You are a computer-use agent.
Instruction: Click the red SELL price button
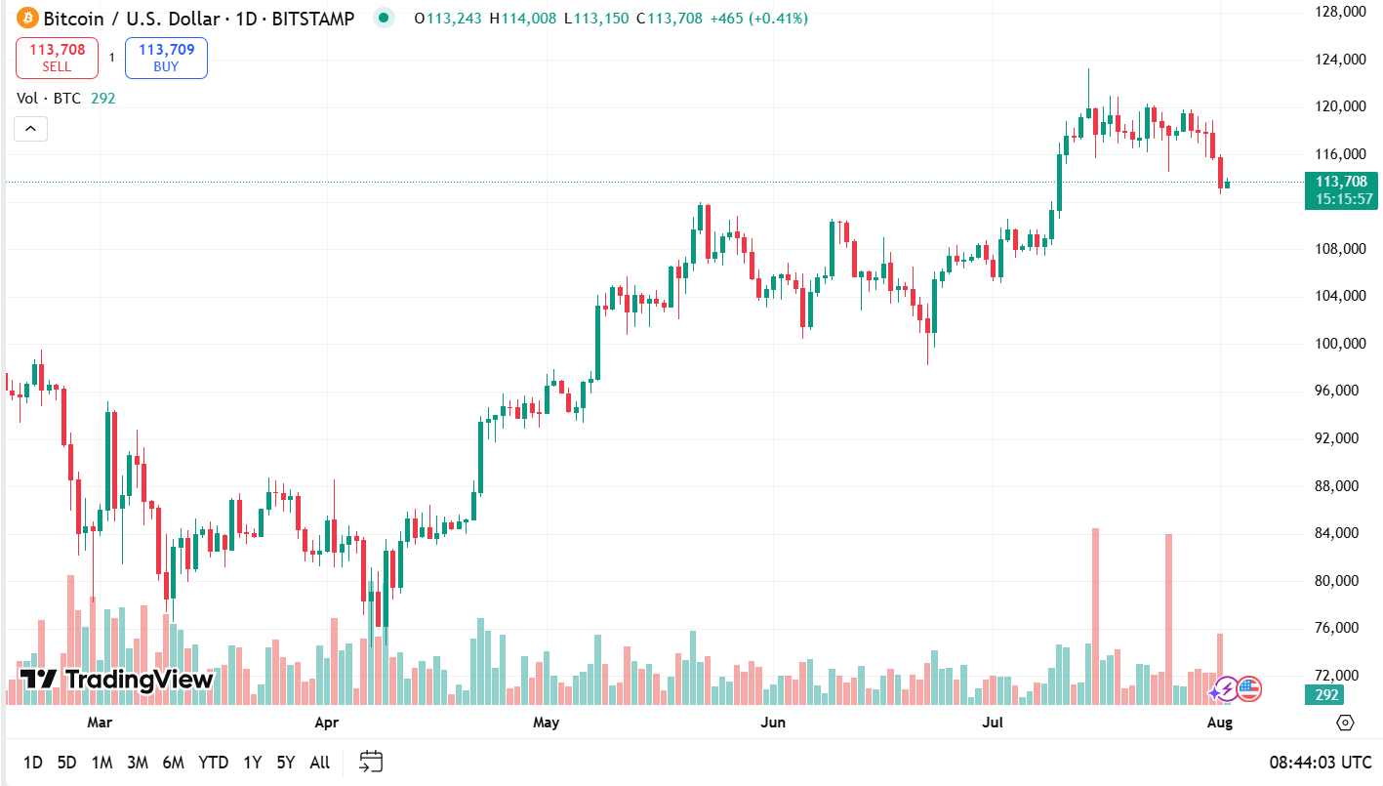click(57, 58)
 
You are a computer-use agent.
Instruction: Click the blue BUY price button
click(166, 58)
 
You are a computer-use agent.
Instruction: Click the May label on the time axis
click(547, 723)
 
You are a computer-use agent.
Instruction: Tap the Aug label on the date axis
click(1220, 723)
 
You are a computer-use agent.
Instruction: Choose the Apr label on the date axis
click(327, 723)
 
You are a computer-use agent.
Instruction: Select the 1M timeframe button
click(102, 763)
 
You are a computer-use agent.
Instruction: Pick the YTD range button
click(214, 763)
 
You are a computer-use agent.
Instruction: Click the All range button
click(319, 763)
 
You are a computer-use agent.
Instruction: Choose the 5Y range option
click(286, 763)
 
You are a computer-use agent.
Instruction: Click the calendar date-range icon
click(371, 762)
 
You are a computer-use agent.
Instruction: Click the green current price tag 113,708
click(1342, 189)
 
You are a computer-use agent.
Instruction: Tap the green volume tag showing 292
click(1325, 695)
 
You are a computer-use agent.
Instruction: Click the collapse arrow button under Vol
click(30, 128)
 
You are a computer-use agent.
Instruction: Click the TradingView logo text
click(117, 680)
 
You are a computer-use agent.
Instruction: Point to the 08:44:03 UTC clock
click(1320, 763)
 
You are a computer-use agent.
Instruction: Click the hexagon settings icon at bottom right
click(1346, 723)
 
